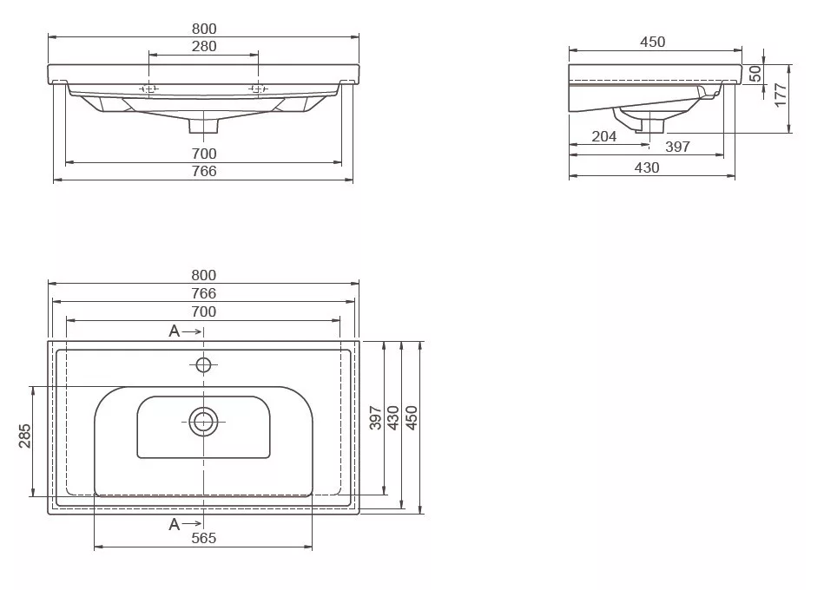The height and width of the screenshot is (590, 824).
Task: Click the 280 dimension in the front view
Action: (204, 46)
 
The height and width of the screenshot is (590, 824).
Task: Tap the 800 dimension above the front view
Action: (204, 29)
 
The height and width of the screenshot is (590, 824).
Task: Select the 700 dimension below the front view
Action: (204, 154)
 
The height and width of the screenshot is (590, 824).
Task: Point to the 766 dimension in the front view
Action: (204, 171)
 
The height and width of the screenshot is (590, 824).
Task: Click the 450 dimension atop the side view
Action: (653, 42)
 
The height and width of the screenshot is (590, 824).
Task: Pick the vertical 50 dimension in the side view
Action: (755, 74)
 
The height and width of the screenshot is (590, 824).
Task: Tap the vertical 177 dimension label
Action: (781, 95)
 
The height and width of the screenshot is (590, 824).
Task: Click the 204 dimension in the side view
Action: (603, 136)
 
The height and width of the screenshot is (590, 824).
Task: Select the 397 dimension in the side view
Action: (677, 147)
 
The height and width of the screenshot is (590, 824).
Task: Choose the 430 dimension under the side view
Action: (646, 167)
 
